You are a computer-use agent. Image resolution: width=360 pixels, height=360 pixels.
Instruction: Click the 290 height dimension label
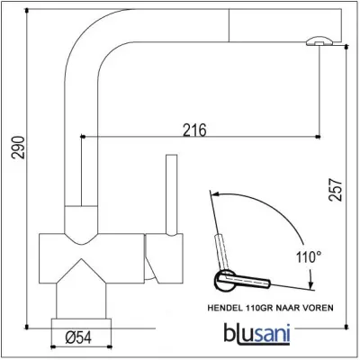point(18,148)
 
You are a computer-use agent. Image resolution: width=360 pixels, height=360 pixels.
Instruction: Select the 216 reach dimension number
point(195,130)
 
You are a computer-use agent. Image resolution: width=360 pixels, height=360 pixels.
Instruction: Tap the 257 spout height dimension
point(335,190)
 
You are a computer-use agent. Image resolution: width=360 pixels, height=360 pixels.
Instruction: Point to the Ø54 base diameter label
point(78,338)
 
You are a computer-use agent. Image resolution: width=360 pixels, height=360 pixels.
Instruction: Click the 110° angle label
point(309,257)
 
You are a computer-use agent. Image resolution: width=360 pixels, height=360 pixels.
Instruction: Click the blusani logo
point(257,333)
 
